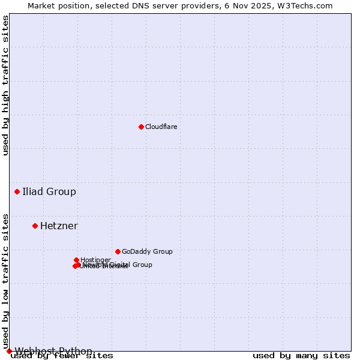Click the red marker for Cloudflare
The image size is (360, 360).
click(x=141, y=127)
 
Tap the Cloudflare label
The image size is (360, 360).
click(x=161, y=127)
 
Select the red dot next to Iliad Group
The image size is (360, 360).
click(x=17, y=191)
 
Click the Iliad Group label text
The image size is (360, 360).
click(x=49, y=192)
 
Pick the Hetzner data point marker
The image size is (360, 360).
click(x=35, y=226)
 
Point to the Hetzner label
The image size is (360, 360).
click(x=59, y=226)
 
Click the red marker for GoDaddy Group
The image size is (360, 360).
click(x=118, y=251)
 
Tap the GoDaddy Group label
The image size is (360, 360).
click(x=147, y=252)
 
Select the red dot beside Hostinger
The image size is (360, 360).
click(x=76, y=260)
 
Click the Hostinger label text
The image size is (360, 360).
click(x=95, y=260)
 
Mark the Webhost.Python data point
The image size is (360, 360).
click(x=9, y=351)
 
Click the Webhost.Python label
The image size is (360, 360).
click(x=53, y=351)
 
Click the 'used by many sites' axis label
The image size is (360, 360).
click(x=301, y=356)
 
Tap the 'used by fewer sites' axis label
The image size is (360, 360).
click(x=62, y=356)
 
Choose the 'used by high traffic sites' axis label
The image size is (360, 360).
click(x=6, y=86)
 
